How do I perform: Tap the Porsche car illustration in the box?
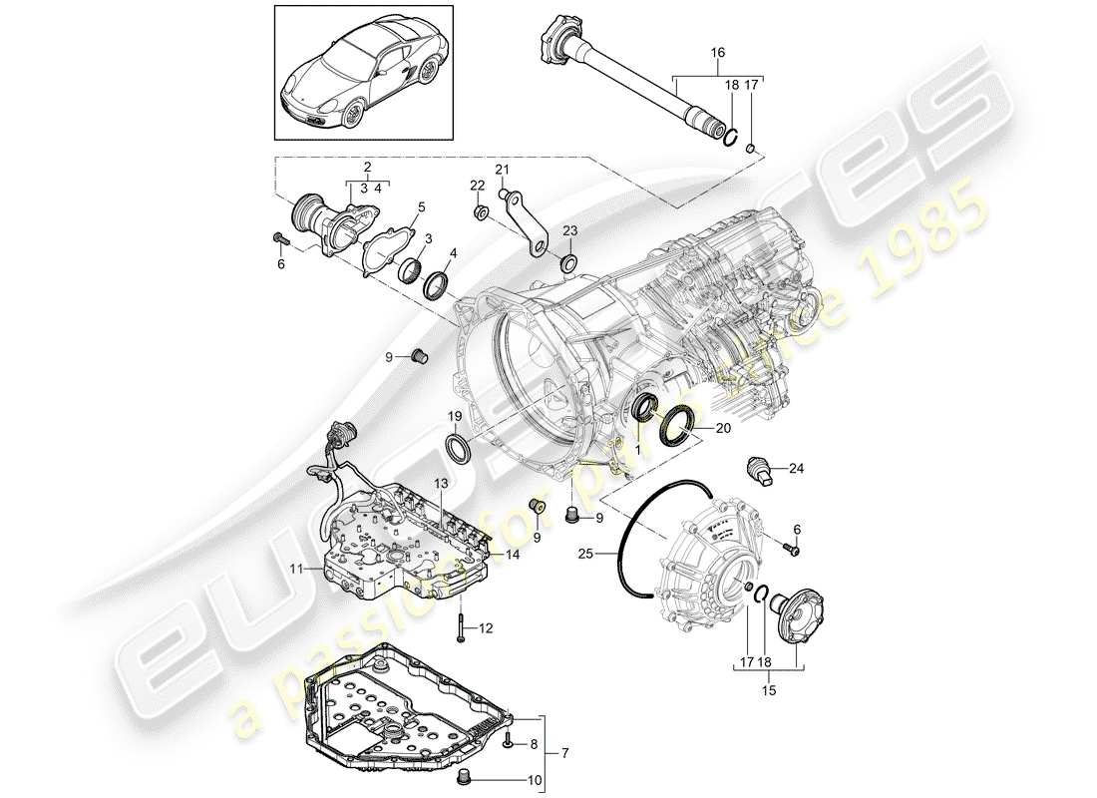tap(360, 75)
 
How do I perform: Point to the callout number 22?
tap(478, 187)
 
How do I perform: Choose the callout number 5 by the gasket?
tap(421, 206)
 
